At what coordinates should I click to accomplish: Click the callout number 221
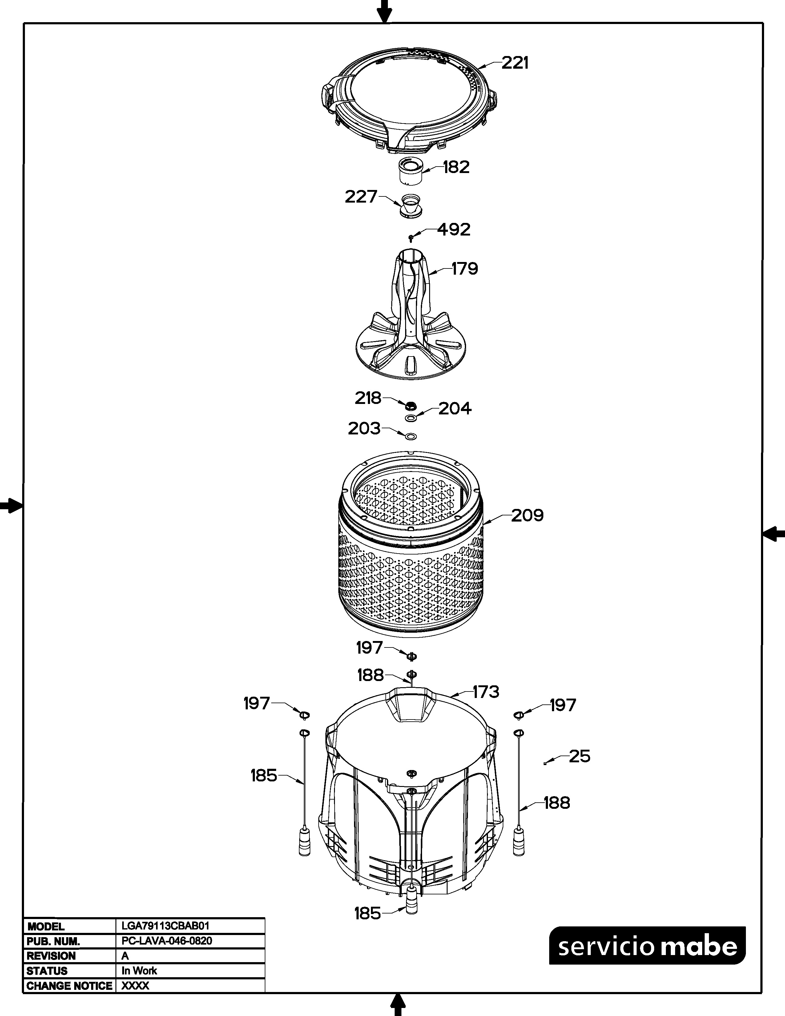point(515,63)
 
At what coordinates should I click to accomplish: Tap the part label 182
point(456,167)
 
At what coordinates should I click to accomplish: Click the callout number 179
point(465,268)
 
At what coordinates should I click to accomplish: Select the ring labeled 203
point(411,436)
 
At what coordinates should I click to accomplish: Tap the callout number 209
point(527,515)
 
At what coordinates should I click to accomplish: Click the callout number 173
point(486,692)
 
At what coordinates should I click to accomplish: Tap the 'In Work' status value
point(139,970)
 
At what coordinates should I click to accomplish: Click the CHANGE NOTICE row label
point(69,986)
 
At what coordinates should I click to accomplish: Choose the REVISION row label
point(51,956)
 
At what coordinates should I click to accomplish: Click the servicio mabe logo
point(647,946)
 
